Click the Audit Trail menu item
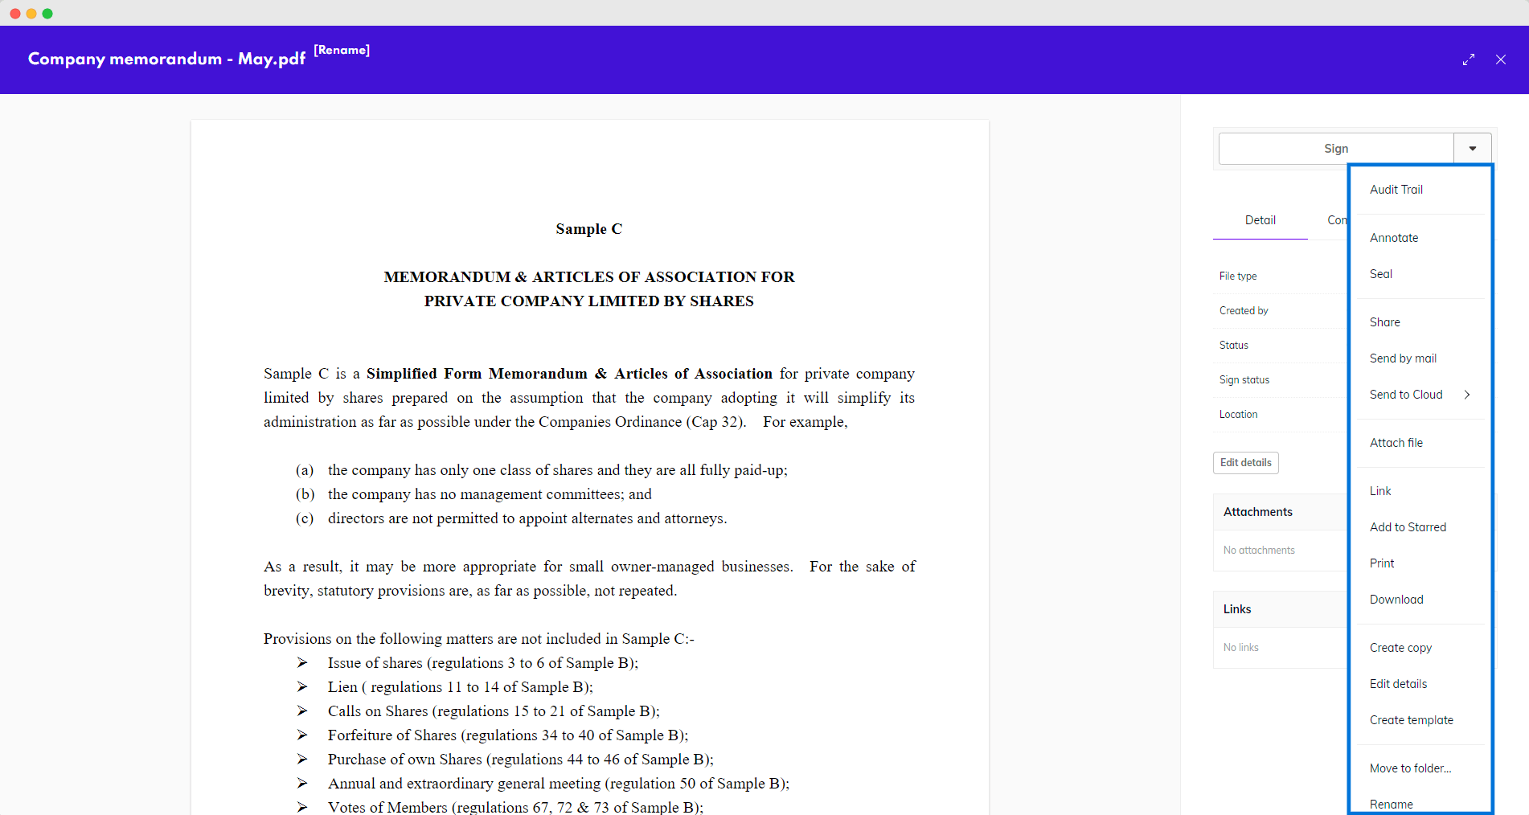click(x=1396, y=190)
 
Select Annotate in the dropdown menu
click(x=1393, y=238)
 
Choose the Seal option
click(x=1380, y=274)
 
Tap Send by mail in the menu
click(x=1402, y=358)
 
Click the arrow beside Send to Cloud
click(x=1467, y=395)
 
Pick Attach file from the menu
click(x=1396, y=443)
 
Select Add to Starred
click(x=1407, y=527)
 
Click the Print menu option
click(x=1381, y=563)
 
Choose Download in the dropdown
click(x=1396, y=600)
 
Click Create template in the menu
click(x=1411, y=720)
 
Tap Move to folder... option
click(x=1410, y=768)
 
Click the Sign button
click(x=1335, y=149)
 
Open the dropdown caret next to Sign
click(x=1472, y=149)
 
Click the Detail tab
click(x=1260, y=220)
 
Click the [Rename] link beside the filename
click(x=342, y=50)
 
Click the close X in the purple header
click(x=1500, y=59)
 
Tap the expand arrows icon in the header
click(x=1468, y=59)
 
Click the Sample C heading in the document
click(x=588, y=229)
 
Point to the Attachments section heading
click(x=1257, y=512)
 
